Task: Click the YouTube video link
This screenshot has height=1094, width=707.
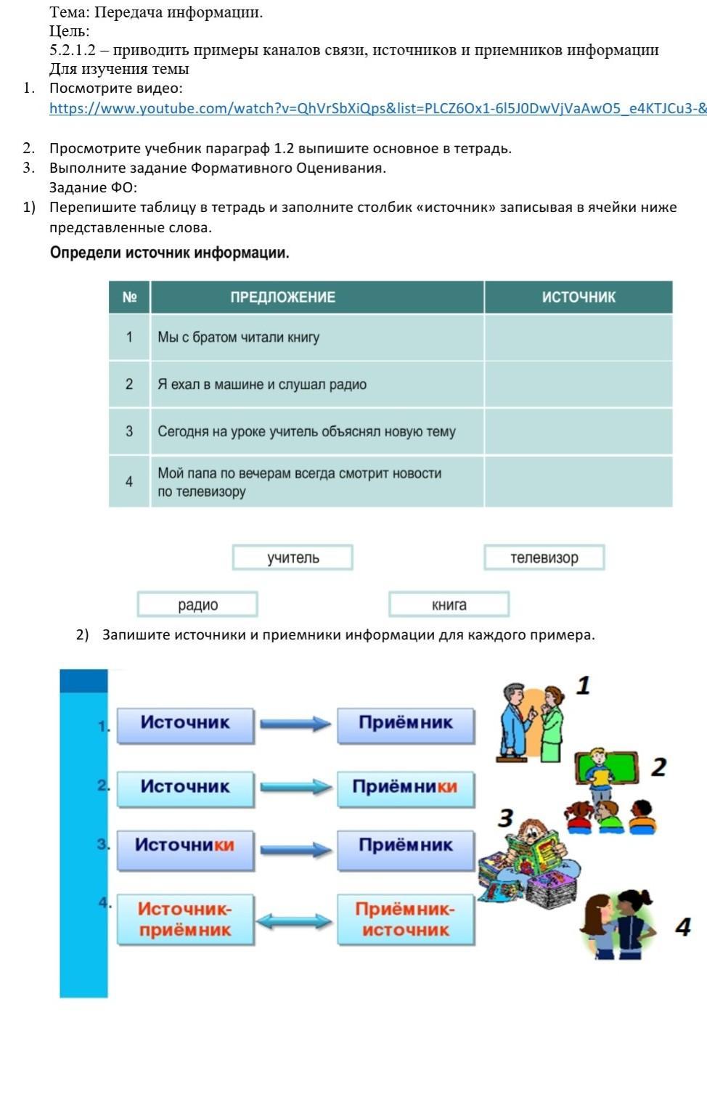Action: pos(377,109)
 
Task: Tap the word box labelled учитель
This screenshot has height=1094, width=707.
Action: pos(293,558)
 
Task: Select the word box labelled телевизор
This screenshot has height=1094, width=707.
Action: pos(544,558)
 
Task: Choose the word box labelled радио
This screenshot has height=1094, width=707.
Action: pos(197,605)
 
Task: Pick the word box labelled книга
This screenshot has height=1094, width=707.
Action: pos(449,605)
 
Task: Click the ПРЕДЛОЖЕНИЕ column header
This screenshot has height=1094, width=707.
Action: pos(282,297)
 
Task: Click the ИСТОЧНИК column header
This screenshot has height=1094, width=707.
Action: pos(579,297)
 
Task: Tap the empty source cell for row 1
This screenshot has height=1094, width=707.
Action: pos(579,337)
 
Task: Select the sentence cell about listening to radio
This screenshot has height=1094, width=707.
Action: pos(317,384)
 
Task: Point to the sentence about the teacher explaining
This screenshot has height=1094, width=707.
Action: pos(317,431)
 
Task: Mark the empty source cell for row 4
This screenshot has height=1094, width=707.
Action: pos(579,481)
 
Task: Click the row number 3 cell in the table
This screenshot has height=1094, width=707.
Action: pos(129,431)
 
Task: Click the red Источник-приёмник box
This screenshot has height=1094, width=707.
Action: pos(185,919)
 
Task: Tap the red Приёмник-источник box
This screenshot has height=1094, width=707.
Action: pos(406,919)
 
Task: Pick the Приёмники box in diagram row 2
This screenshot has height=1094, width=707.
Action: pos(406,787)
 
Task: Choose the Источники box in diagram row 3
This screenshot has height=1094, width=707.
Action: pos(185,846)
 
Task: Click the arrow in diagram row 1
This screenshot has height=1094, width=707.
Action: pos(295,723)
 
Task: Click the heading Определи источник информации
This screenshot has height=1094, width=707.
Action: pos(170,253)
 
